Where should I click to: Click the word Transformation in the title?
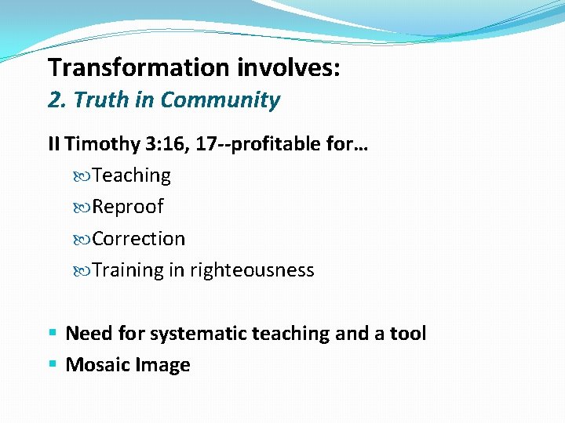137,67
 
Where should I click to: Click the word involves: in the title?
286,67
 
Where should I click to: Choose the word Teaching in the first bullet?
131,175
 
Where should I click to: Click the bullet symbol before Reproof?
83,208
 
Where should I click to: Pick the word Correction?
139,238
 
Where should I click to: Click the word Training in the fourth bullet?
128,270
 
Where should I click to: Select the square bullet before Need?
52,334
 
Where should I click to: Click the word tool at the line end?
407,334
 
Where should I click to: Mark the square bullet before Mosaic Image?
52,365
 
